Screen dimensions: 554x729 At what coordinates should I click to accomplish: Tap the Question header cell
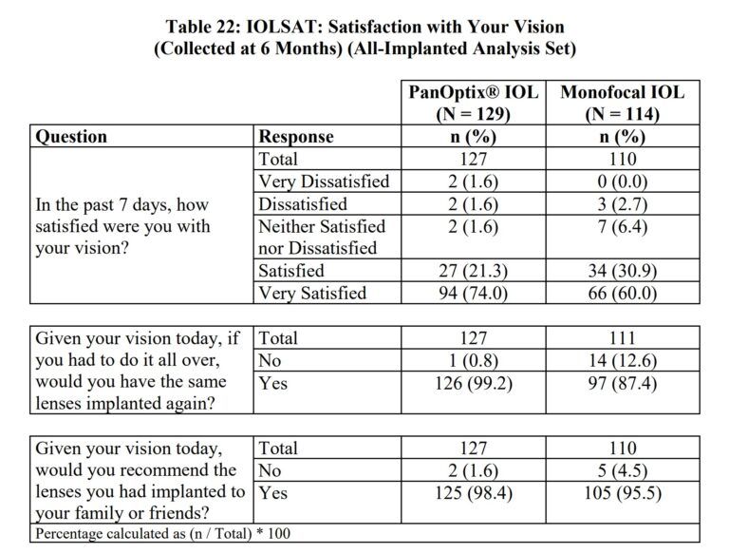(71, 137)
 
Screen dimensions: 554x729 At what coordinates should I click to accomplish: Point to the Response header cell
(296, 137)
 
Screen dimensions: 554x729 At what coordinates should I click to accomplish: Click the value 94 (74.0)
(473, 293)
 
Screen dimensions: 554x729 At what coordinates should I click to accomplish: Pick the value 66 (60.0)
(622, 293)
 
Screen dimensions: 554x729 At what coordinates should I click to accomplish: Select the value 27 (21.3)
(473, 271)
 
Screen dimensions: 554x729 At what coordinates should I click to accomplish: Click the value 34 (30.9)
(622, 271)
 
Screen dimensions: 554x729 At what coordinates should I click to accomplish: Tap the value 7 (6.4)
(622, 226)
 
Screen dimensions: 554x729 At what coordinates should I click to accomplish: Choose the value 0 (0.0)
(622, 181)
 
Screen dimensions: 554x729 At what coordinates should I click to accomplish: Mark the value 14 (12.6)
(622, 360)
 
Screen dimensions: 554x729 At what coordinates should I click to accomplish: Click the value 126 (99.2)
(473, 383)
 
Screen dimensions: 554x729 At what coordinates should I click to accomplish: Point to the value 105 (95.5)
(622, 493)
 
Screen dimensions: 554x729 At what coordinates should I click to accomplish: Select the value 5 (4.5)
(622, 470)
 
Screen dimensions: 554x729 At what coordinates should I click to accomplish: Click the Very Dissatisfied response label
(324, 181)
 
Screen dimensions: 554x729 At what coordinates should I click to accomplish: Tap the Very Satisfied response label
(312, 293)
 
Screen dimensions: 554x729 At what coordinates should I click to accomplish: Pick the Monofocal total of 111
(622, 337)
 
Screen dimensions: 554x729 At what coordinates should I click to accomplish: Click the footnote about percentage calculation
(162, 533)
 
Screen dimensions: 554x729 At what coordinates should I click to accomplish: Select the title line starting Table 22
(364, 27)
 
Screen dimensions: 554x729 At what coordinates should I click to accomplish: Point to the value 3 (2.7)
(622, 203)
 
